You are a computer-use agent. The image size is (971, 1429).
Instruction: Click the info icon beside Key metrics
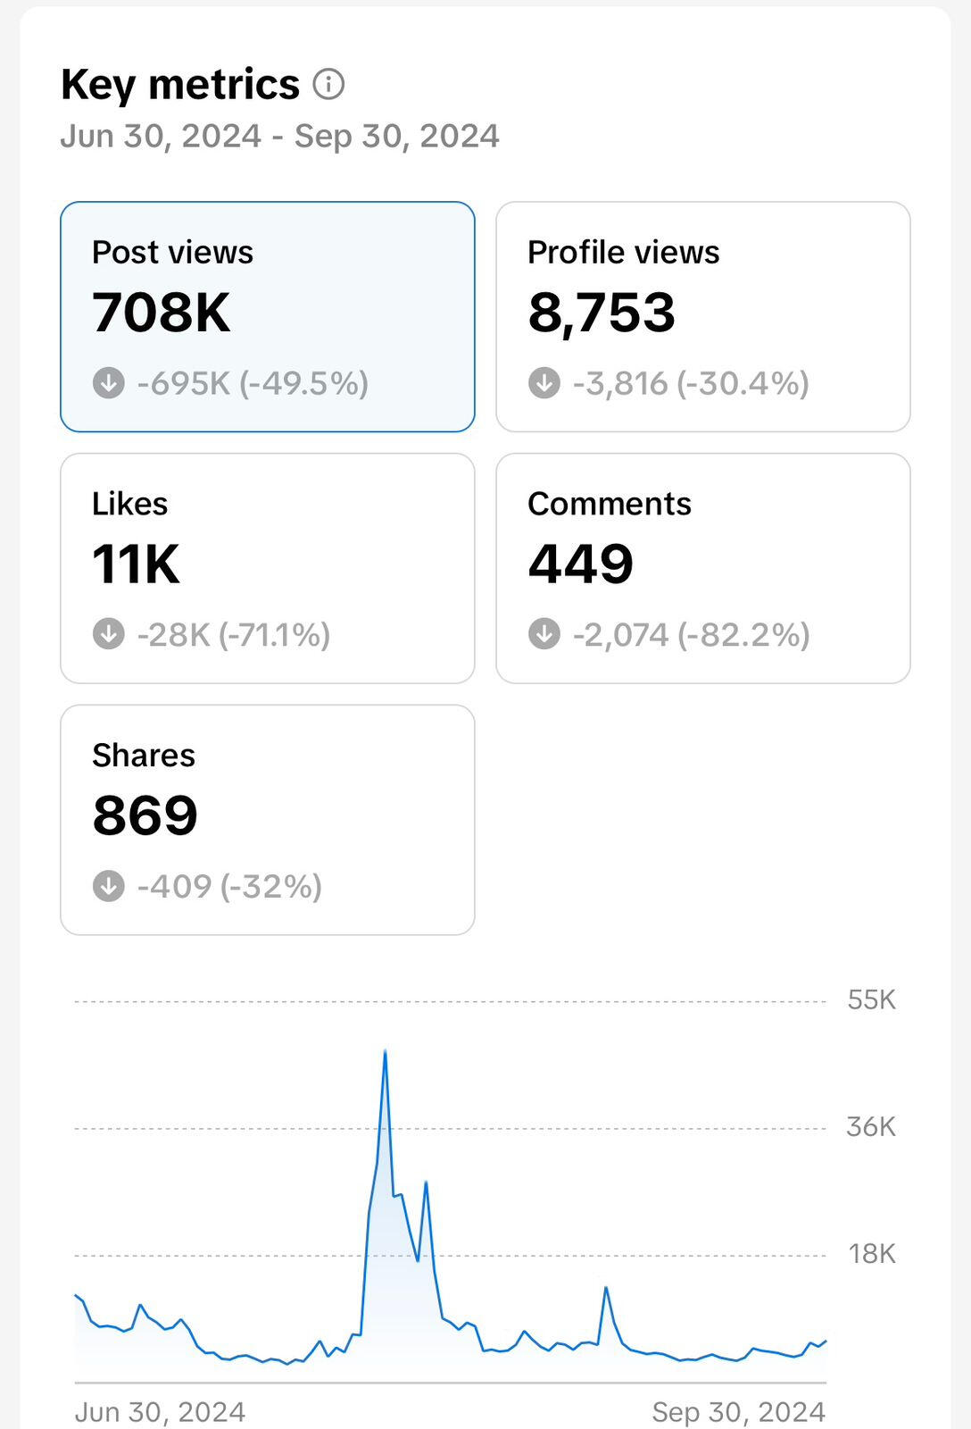point(328,84)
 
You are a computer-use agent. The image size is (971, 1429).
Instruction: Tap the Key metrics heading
point(180,85)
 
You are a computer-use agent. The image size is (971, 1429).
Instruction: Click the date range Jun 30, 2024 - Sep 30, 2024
point(279,137)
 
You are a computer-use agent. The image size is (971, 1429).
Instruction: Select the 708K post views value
point(162,313)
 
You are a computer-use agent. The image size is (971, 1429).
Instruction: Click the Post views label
point(172,253)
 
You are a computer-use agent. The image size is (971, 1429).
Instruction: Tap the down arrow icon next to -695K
point(109,383)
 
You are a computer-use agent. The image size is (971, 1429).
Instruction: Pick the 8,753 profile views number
point(602,313)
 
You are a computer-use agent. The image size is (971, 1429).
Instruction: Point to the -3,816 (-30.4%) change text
point(691,383)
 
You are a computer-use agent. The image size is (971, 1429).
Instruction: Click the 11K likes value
point(136,564)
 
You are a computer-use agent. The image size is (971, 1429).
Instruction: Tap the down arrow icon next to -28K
point(109,635)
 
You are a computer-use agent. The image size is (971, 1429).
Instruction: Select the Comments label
point(609,505)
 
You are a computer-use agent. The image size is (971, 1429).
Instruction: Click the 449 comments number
point(580,564)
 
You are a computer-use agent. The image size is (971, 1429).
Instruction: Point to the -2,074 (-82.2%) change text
point(691,635)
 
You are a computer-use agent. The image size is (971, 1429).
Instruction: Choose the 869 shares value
point(145,815)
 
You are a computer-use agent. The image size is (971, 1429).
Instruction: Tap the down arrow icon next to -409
point(109,887)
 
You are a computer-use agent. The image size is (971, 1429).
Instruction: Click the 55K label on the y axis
point(871,1000)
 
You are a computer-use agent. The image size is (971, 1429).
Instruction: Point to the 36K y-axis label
point(870,1127)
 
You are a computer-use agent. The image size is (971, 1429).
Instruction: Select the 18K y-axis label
point(871,1255)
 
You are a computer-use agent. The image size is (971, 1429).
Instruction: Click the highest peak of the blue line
point(385,1051)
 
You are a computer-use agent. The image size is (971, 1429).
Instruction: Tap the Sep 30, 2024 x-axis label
point(738,1412)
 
